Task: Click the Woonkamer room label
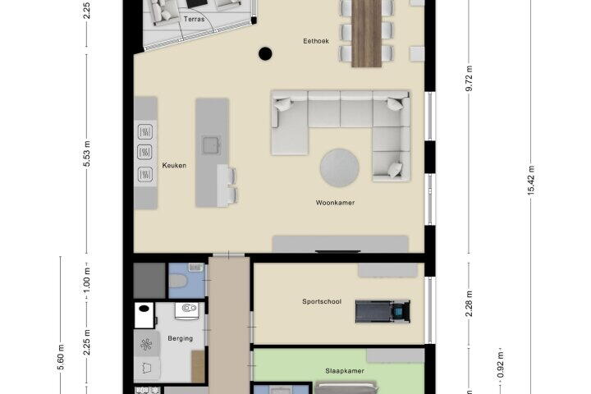(x=335, y=203)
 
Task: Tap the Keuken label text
(x=174, y=166)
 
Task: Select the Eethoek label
(x=316, y=41)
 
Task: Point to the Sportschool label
(x=322, y=301)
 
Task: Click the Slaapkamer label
(x=345, y=371)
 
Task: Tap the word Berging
(x=180, y=338)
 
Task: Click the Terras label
(x=194, y=19)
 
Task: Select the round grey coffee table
(x=339, y=167)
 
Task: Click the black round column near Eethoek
(x=265, y=53)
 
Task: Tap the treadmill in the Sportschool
(x=383, y=311)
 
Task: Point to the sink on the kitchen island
(x=212, y=144)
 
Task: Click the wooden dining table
(x=366, y=34)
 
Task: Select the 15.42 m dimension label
(x=531, y=181)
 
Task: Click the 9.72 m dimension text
(x=469, y=79)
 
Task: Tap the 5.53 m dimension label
(x=87, y=153)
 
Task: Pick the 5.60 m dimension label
(x=61, y=357)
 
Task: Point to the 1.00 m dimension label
(x=87, y=280)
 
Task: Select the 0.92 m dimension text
(x=500, y=365)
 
